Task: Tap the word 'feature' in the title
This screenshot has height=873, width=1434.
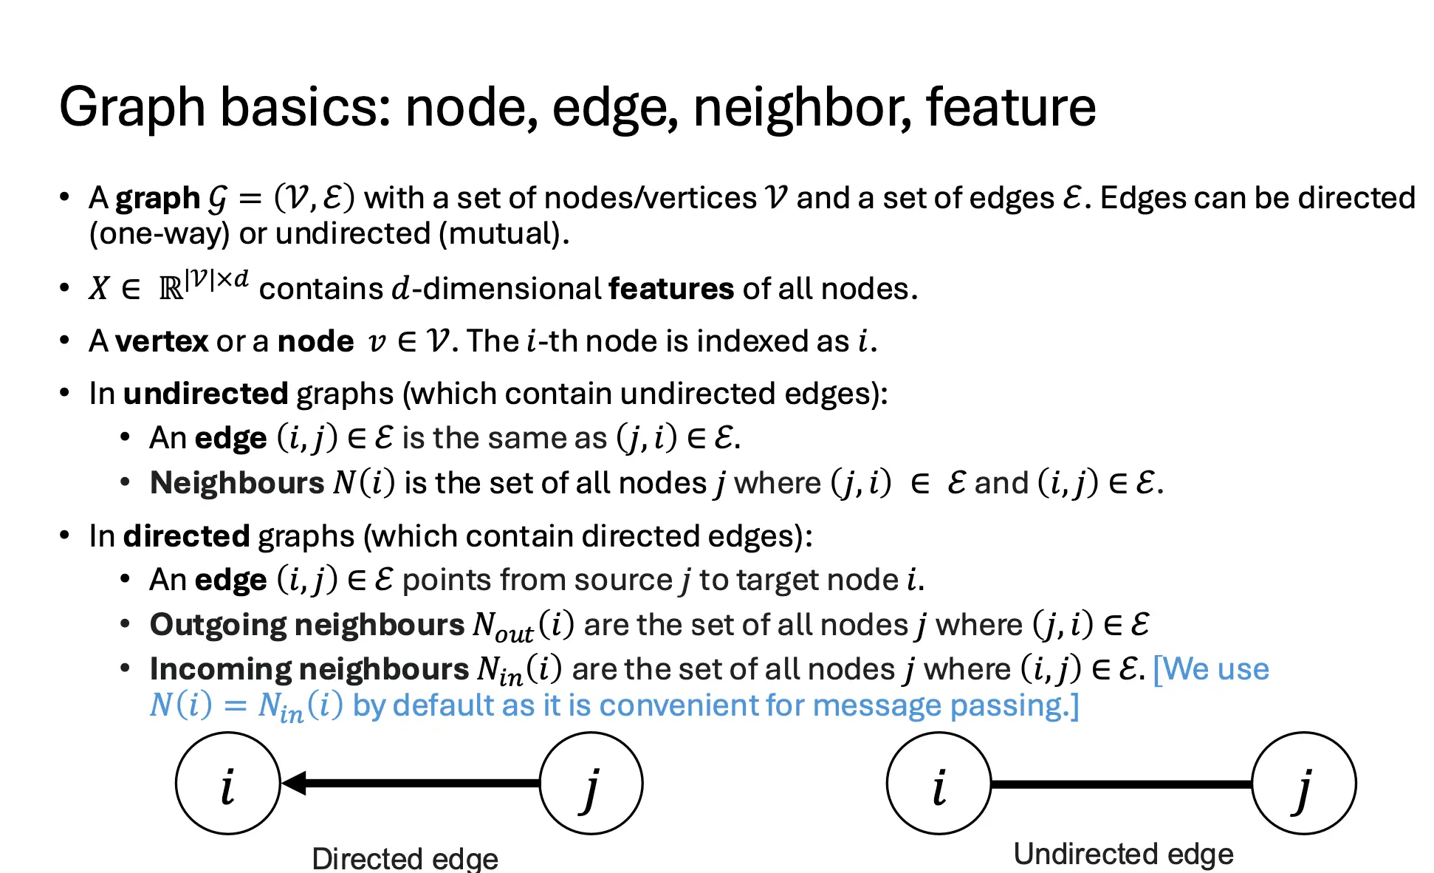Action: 1011,107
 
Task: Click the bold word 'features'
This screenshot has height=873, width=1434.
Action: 671,289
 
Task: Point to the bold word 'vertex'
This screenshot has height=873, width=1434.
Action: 162,341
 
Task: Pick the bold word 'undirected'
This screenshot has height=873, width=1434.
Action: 205,394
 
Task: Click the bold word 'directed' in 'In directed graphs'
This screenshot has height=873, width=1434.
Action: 187,536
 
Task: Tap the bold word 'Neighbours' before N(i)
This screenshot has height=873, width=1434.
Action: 237,483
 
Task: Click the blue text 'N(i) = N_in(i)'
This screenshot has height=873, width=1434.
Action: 247,707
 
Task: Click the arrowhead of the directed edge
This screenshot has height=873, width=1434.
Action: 294,784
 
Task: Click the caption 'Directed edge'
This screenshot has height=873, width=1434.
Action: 405,858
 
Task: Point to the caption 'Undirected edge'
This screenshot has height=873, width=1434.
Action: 1123,855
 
